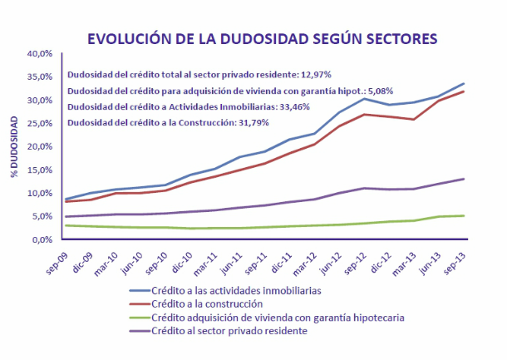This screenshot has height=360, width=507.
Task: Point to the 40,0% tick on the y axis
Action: (40, 53)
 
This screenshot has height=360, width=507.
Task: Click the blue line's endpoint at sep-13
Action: (464, 83)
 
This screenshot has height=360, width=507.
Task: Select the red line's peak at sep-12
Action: (363, 114)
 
